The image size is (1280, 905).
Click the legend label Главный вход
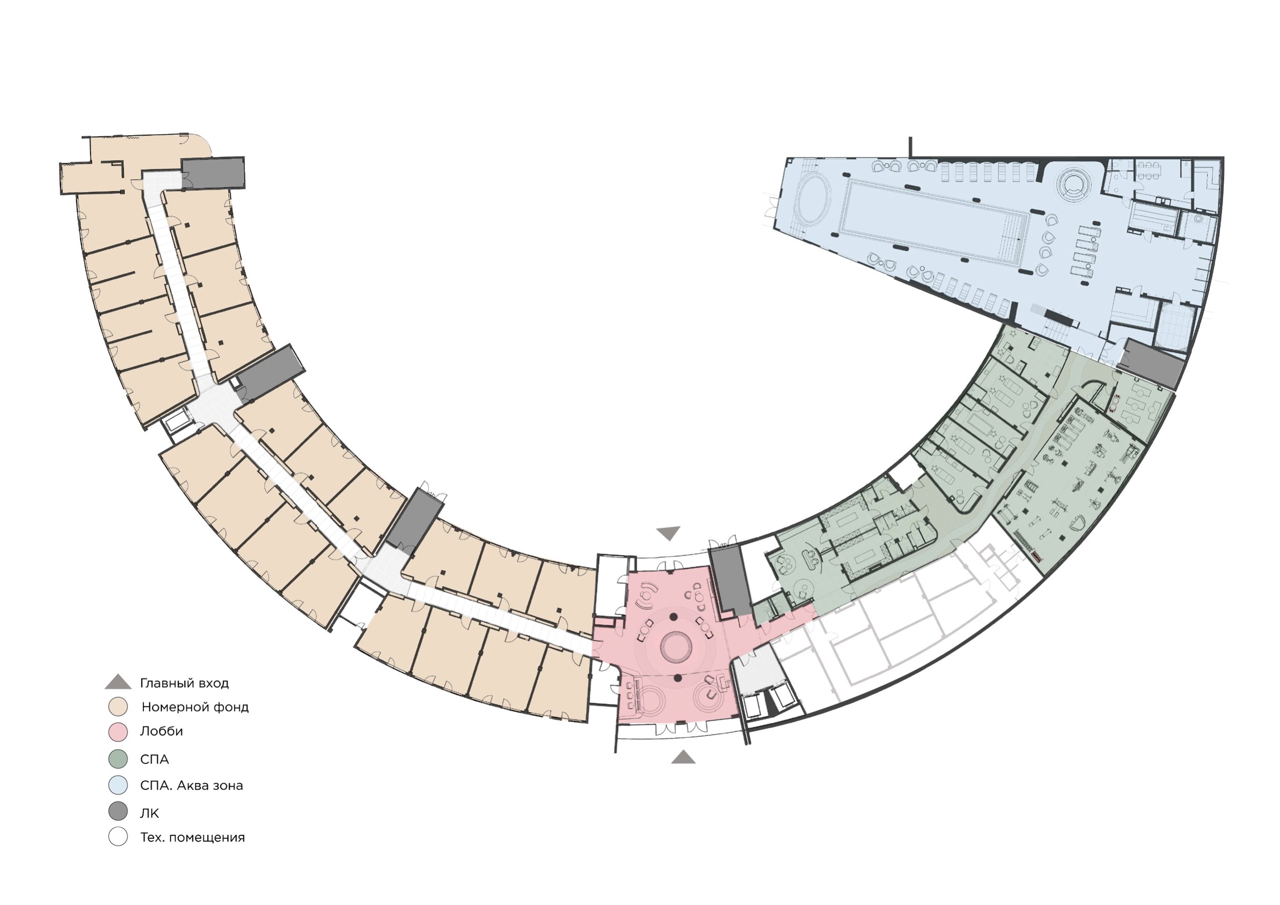184,683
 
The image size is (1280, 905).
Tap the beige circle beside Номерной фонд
118,706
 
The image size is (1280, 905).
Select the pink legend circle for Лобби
118,731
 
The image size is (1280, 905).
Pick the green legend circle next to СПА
118,759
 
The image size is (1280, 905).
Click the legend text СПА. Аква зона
191,786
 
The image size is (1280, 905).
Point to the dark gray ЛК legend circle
118,811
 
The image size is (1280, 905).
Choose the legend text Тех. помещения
193,837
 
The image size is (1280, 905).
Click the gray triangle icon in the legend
118,683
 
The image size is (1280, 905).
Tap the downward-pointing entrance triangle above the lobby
669,533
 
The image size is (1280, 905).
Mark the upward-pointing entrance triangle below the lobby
683,756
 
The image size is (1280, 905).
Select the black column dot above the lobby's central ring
673,616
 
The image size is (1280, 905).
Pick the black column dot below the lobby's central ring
678,678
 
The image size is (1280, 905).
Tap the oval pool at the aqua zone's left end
814,198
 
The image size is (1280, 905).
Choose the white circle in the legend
118,837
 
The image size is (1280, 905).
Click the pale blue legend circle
118,785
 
